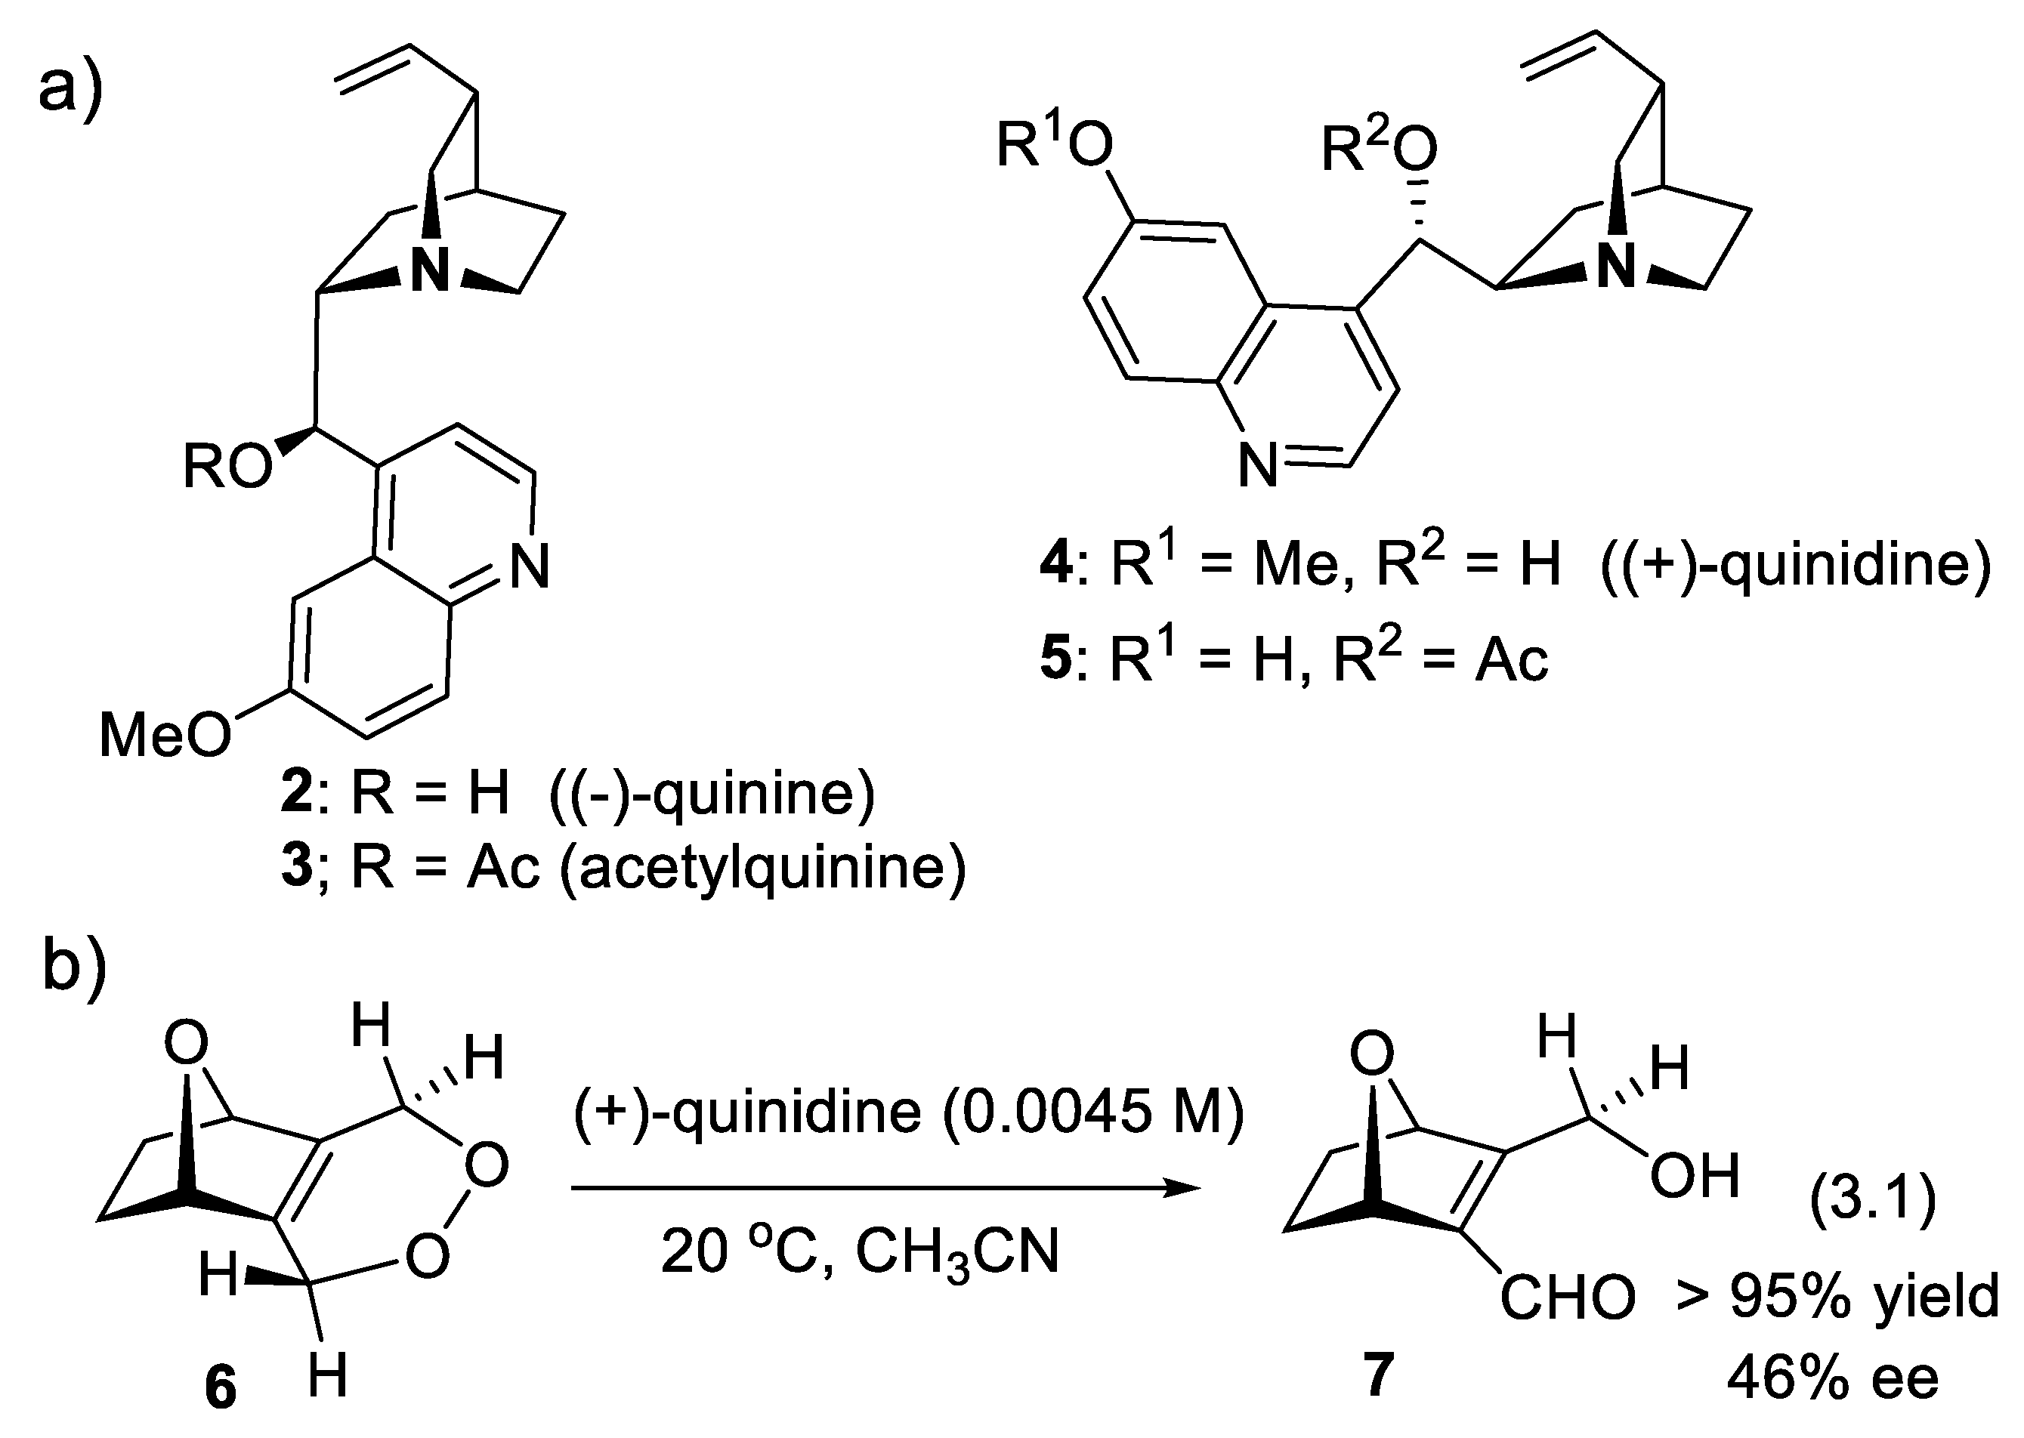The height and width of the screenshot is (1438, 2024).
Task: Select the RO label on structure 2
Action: tap(227, 467)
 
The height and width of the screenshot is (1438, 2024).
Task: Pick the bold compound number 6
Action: tap(221, 1387)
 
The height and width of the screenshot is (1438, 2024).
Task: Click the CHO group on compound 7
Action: tap(1567, 1298)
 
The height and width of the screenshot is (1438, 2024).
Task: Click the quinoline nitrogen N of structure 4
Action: tap(1258, 466)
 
